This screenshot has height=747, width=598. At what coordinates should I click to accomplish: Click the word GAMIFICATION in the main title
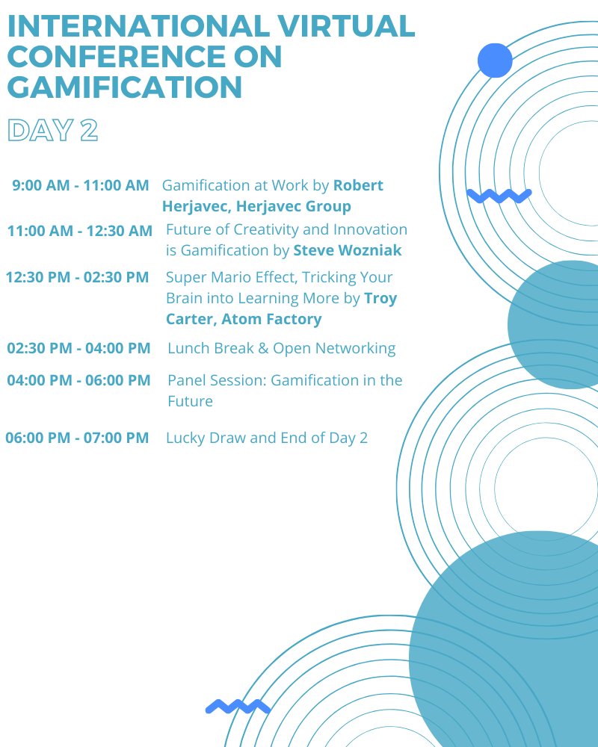tap(125, 87)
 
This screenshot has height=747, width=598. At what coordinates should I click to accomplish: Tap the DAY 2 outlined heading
tap(53, 130)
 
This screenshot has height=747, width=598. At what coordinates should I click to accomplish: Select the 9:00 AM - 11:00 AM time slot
tap(81, 185)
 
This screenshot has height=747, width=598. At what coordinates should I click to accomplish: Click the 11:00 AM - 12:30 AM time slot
tap(80, 231)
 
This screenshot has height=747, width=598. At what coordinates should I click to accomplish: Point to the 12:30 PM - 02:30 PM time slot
tap(77, 277)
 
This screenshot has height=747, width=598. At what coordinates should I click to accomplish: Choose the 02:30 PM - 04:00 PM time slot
tap(78, 348)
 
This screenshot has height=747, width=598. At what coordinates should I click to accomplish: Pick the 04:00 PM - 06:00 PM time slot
tap(78, 380)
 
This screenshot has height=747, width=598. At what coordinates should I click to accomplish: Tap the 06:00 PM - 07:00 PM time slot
tap(77, 437)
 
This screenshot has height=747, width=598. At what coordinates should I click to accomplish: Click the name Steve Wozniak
tap(347, 250)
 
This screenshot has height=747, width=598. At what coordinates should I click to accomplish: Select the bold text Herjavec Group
tap(294, 206)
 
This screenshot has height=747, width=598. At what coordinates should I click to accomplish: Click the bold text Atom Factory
tap(271, 319)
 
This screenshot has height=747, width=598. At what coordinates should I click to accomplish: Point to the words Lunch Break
tap(211, 348)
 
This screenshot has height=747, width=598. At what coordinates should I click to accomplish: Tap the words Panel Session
tap(217, 380)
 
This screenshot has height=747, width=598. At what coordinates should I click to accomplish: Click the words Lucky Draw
tap(206, 438)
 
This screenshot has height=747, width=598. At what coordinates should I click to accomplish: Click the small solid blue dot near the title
tap(495, 61)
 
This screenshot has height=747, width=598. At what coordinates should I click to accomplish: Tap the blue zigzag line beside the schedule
tap(499, 196)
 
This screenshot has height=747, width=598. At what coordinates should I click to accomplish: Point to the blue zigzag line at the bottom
tap(238, 707)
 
